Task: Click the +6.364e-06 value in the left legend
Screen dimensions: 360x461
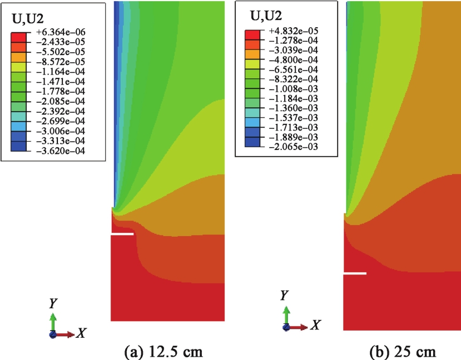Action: click(x=62, y=32)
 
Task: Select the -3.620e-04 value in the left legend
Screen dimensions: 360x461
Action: click(x=62, y=151)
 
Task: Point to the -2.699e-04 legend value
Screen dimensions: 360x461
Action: click(x=62, y=121)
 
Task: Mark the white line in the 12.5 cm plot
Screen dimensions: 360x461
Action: click(x=122, y=234)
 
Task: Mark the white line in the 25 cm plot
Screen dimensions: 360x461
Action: click(x=355, y=273)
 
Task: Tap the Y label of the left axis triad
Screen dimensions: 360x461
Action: click(x=53, y=303)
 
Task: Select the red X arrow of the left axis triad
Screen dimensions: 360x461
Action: click(x=65, y=334)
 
